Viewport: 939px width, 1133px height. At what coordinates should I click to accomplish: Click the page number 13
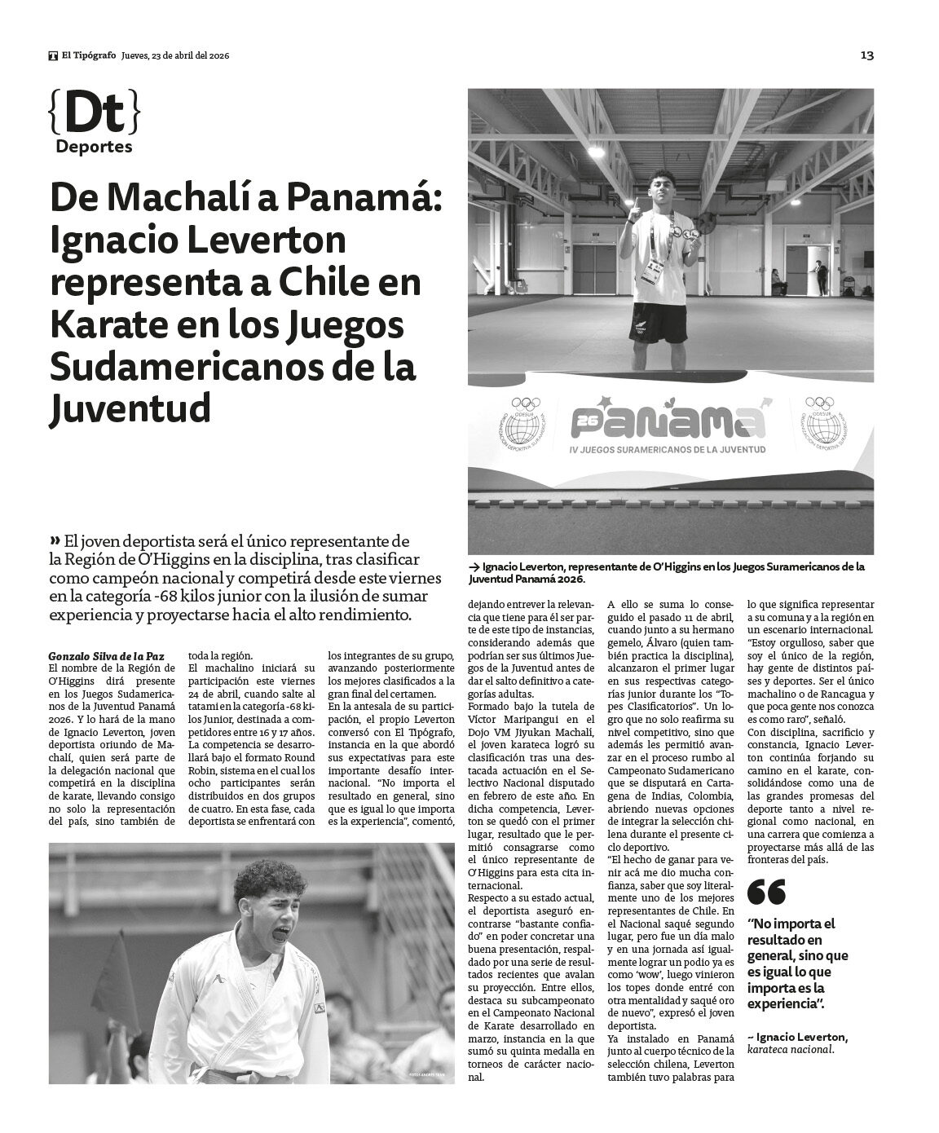(866, 55)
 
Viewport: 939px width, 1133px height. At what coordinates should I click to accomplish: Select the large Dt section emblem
(94, 114)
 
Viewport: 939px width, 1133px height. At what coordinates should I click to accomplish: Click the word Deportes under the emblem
(94, 147)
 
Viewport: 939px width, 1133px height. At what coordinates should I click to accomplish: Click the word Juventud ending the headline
(130, 408)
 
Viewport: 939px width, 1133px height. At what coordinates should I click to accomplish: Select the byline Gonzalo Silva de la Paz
(100, 655)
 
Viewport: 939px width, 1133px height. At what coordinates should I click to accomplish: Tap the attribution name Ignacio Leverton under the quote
(802, 1037)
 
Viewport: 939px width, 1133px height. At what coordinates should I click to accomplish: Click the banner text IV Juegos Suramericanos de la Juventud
(670, 448)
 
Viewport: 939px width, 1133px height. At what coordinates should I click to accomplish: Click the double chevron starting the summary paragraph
(55, 540)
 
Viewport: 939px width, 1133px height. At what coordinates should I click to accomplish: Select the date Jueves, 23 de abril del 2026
(175, 56)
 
